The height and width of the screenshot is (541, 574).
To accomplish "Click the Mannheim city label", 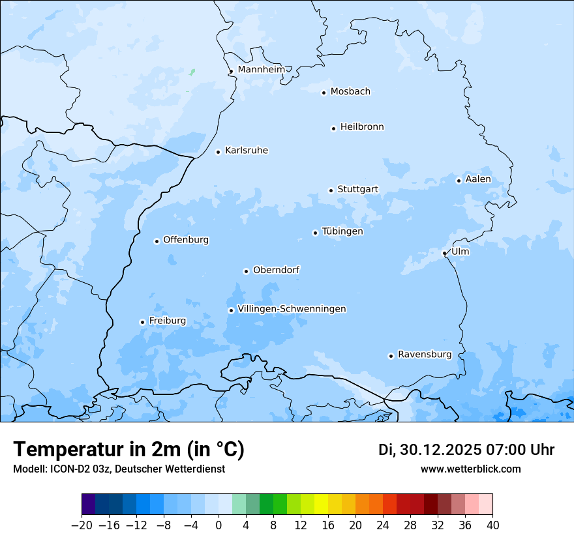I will [261, 70].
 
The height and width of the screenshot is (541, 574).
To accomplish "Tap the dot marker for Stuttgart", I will [331, 190].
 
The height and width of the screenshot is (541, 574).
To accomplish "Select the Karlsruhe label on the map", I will [247, 151].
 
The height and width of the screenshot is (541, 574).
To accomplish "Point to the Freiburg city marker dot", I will [142, 322].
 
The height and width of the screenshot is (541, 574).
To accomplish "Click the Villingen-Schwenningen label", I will [292, 309].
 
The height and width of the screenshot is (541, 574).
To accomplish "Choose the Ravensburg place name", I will [425, 355].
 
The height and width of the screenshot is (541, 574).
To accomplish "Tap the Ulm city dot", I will [444, 253].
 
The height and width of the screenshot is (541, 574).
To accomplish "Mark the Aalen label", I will [478, 179].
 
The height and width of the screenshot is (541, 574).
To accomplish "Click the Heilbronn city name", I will [362, 127].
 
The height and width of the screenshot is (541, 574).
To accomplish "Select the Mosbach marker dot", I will [324, 93].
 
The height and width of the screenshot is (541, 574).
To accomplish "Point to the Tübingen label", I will [342, 231].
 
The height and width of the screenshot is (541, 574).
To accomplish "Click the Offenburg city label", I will [186, 240].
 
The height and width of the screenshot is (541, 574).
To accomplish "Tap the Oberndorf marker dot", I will [246, 271].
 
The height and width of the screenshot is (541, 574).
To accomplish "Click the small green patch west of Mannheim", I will [192, 72].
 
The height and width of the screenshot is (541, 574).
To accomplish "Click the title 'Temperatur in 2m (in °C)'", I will [128, 449].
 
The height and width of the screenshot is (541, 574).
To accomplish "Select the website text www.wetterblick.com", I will [470, 469].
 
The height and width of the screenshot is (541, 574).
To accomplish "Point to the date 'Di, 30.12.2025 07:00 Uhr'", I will [466, 450].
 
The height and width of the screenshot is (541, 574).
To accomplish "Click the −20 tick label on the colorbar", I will [82, 525].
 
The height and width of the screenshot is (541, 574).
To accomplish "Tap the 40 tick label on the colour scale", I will [492, 525].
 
